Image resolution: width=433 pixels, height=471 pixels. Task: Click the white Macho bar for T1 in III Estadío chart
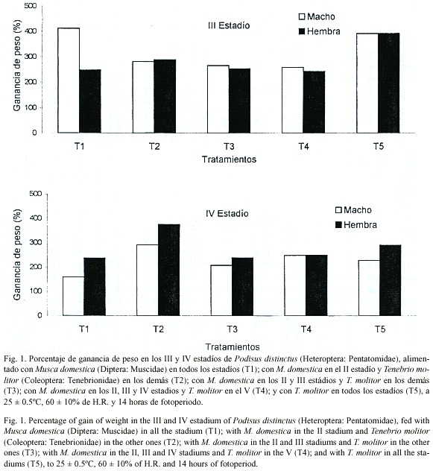[69, 80]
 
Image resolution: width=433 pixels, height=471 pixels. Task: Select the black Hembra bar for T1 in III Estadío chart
[90, 101]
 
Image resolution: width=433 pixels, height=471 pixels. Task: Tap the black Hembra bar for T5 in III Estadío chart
[389, 83]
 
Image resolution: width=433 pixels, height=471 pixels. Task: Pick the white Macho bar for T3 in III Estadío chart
[218, 99]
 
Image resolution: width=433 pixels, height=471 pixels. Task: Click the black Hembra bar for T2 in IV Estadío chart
[169, 270]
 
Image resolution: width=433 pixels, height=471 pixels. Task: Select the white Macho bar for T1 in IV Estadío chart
[73, 296]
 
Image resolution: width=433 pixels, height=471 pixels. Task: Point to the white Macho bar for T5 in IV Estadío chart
[369, 288]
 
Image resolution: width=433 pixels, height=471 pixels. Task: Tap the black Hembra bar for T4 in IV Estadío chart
[317, 285]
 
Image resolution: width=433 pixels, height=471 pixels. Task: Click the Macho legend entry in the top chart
[317, 16]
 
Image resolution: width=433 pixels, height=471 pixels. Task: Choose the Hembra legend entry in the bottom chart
[356, 224]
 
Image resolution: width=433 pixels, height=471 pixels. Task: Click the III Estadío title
[229, 25]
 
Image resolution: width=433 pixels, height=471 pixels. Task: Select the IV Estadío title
[227, 214]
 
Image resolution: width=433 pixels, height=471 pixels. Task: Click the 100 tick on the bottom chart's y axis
[36, 291]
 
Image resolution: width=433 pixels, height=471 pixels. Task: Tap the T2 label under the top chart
[154, 146]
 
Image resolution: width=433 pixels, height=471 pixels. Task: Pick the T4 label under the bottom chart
[306, 329]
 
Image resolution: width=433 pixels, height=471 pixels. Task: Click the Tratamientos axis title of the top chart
[229, 159]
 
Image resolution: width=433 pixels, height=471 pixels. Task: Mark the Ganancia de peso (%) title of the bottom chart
[17, 254]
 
